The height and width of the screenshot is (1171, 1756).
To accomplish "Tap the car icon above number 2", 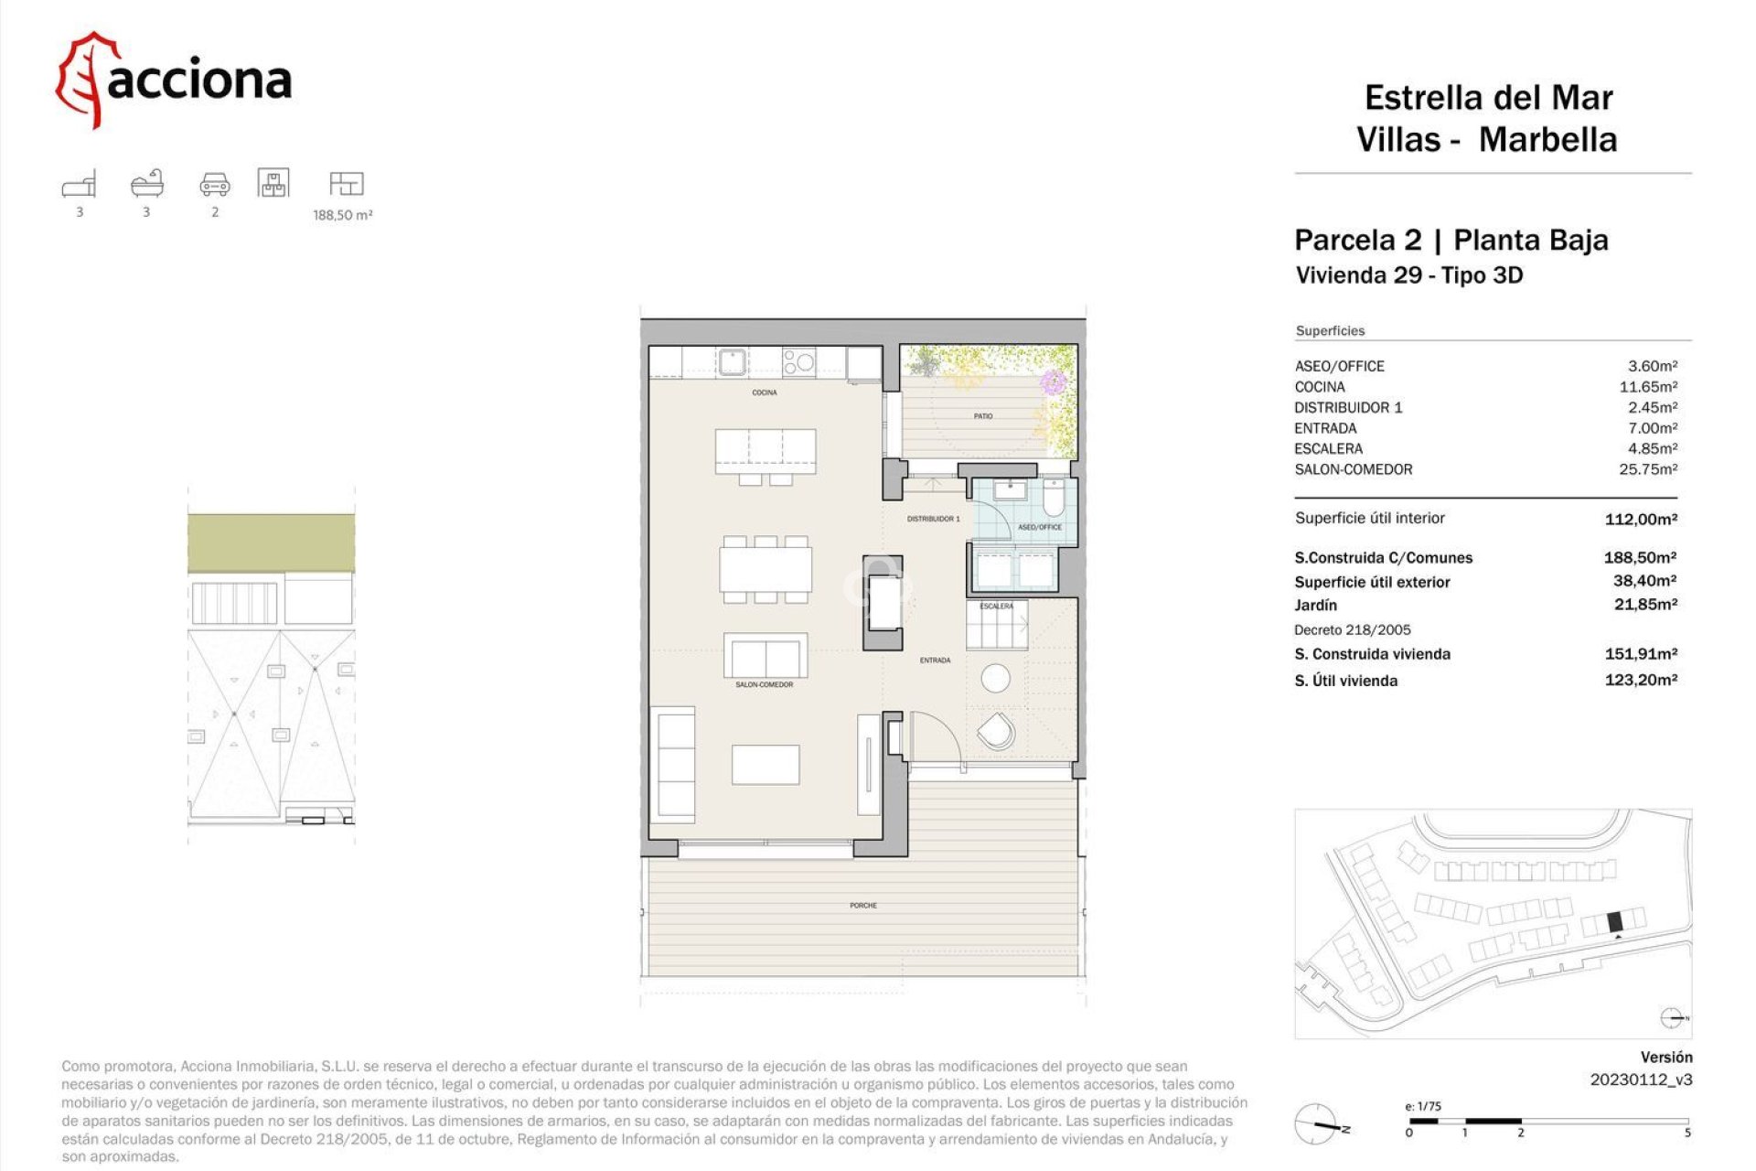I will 215,184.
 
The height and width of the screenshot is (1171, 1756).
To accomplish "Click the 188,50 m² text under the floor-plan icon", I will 342,215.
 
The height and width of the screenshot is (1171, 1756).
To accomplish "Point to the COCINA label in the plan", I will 765,392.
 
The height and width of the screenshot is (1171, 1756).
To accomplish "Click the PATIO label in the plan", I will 983,416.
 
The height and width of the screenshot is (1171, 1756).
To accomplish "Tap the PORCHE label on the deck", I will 862,906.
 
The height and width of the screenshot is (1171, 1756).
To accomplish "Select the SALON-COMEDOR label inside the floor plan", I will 764,684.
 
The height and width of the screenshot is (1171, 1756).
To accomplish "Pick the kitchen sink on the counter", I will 732,361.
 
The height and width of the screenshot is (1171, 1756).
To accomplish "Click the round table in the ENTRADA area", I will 995,678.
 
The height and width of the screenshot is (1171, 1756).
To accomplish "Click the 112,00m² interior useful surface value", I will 1641,519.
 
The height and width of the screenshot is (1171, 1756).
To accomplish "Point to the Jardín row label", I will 1315,605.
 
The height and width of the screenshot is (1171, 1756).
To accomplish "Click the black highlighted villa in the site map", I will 1614,921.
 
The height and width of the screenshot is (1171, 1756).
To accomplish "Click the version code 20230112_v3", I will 1641,1080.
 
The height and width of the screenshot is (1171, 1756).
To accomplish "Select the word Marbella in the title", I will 1547,140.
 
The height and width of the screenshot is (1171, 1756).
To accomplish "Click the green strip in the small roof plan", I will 271,543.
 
